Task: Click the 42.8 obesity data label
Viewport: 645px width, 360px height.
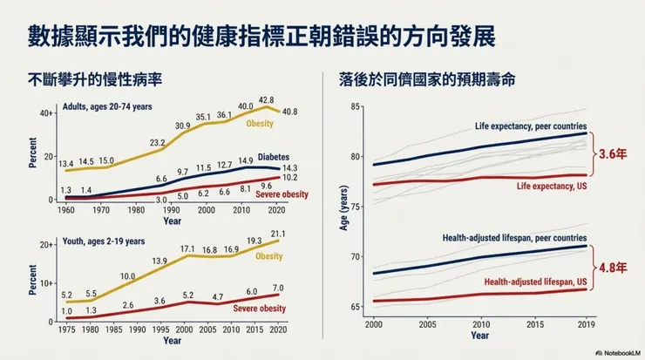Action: point(266,100)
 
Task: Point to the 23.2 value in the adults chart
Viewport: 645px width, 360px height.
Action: point(158,142)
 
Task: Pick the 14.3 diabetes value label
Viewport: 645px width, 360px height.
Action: point(287,166)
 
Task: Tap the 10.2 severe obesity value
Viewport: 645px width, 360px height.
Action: point(287,177)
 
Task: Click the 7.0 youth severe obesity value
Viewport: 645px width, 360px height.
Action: point(277,288)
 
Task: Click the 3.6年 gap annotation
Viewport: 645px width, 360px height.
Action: point(612,153)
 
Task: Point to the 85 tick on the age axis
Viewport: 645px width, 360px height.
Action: point(355,106)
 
